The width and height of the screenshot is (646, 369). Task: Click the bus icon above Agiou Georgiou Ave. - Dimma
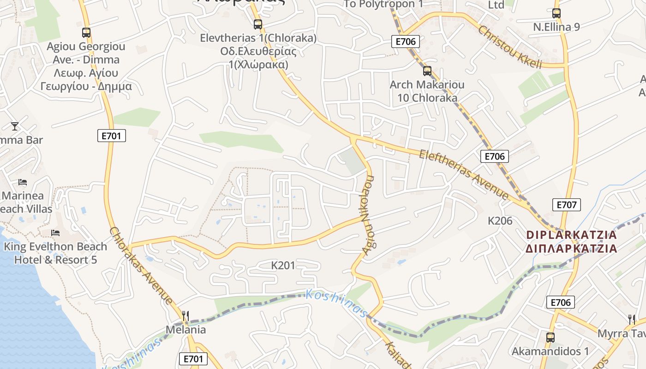point(86,33)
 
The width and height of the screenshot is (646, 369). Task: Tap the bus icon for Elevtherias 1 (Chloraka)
point(258,24)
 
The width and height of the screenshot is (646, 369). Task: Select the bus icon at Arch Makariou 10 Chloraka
point(427,71)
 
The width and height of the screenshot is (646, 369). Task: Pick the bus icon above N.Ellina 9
point(556,13)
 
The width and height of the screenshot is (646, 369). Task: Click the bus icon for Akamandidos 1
point(550,338)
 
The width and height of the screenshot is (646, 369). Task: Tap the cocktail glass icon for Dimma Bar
point(15,126)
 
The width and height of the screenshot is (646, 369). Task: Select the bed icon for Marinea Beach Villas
point(23,182)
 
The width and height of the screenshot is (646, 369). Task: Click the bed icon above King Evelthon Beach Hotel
point(55,233)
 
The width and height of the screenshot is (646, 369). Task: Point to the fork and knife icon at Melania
point(185,316)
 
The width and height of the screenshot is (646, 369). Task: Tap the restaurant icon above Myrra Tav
point(632,319)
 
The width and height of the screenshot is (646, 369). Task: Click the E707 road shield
point(566,205)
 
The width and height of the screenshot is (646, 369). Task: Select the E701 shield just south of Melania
point(193,359)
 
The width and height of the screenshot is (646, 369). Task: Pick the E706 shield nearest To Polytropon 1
point(406,42)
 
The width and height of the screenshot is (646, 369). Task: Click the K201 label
point(283,265)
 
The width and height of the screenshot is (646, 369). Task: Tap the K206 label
point(500,221)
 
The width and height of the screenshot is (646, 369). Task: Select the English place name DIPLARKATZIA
point(571,235)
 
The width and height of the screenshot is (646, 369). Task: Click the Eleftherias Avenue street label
point(463,175)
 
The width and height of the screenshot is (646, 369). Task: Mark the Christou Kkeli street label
point(510,48)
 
